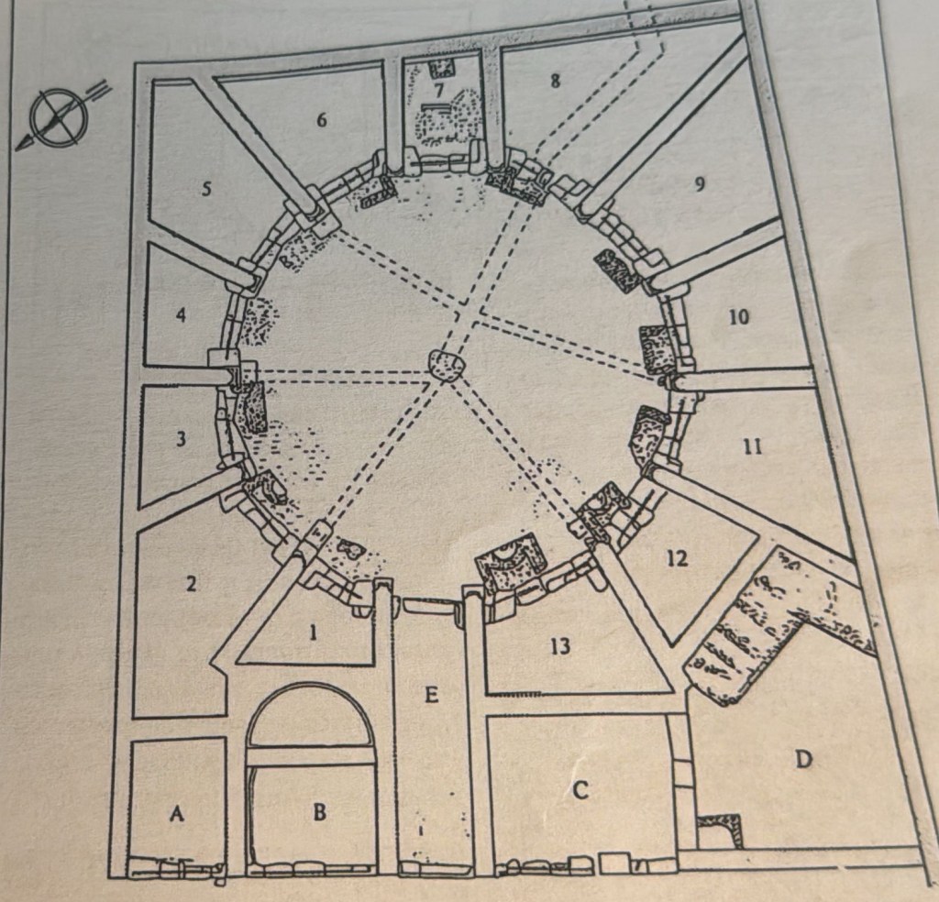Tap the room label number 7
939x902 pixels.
pos(439,91)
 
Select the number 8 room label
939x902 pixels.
pos(555,81)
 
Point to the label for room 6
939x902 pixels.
pos(322,120)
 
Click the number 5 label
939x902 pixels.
pos(206,190)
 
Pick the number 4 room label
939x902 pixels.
pos(181,314)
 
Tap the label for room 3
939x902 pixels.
pos(181,439)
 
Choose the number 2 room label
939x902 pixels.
pos(191,584)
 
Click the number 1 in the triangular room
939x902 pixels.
pos(312,633)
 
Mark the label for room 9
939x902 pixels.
pos(698,184)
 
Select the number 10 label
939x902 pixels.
pos(739,316)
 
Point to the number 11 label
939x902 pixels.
pos(753,446)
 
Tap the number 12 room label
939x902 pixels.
pos(678,558)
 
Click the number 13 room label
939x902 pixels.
pos(560,646)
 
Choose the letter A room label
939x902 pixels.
pos(176,813)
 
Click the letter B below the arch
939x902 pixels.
pos(320,811)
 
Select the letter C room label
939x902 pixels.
pos(580,790)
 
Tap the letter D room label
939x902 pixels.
pos(802,760)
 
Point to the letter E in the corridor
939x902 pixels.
pos(431,695)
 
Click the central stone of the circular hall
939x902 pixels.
pos(447,366)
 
